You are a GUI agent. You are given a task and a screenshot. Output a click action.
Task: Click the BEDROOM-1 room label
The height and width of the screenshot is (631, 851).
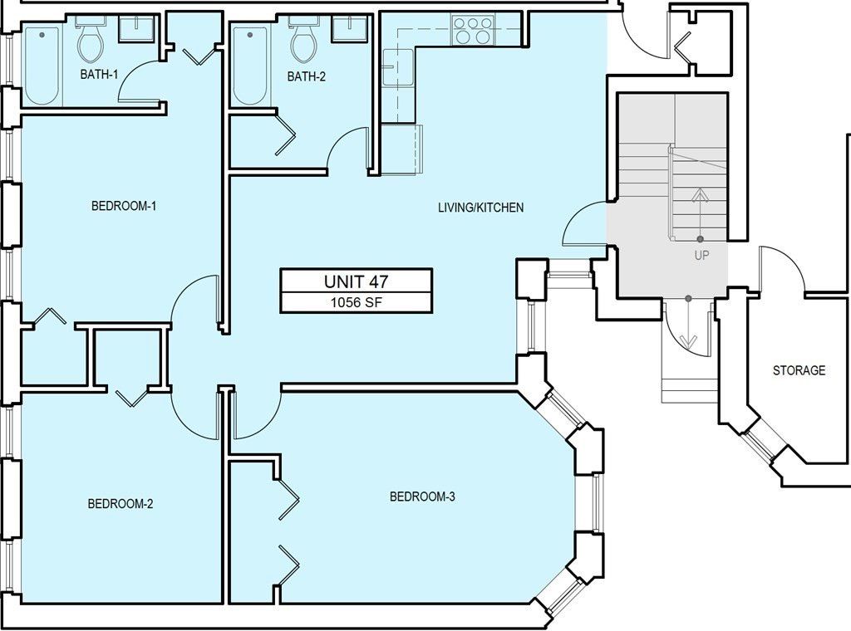tap(124, 206)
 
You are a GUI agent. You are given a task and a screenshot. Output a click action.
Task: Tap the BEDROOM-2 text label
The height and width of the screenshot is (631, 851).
tap(121, 503)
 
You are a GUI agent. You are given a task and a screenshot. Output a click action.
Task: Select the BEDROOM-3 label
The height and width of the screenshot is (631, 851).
tap(422, 496)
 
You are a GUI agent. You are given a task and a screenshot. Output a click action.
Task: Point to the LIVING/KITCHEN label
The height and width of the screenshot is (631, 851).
tap(480, 208)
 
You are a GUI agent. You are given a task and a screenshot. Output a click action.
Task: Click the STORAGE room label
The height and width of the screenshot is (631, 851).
tap(799, 370)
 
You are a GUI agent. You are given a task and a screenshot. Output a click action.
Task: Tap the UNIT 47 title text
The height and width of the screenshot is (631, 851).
tap(356, 281)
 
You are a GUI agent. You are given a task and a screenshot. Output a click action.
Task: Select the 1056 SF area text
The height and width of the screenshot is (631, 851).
tap(356, 302)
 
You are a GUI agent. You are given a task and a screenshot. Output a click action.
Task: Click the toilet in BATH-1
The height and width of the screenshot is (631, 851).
tap(90, 42)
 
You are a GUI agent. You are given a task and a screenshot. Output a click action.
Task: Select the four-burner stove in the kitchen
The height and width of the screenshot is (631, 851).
tap(470, 31)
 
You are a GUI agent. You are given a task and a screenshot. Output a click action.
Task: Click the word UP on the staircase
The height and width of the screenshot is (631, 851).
tap(701, 256)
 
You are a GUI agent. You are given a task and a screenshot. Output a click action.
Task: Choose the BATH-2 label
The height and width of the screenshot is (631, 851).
tap(307, 76)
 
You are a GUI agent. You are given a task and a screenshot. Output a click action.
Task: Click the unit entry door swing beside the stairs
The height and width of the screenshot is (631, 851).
tap(583, 226)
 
